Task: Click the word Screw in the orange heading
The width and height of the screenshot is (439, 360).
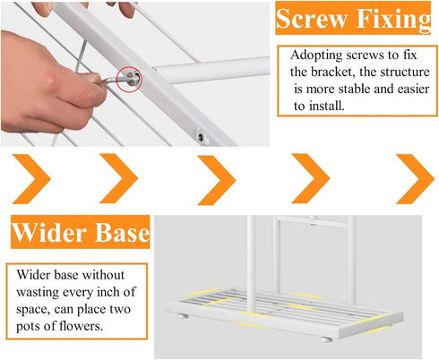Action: (312, 19)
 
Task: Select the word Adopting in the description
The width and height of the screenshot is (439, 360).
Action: (316, 56)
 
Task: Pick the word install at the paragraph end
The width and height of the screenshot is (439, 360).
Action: (327, 106)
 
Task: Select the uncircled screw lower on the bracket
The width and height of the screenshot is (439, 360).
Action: (201, 137)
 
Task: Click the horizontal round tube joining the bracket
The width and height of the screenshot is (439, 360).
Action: (212, 71)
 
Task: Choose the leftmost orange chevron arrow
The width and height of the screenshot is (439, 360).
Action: (31, 179)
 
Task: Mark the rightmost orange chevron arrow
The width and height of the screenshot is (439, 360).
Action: (415, 179)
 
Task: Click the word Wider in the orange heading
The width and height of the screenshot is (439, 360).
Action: (50, 232)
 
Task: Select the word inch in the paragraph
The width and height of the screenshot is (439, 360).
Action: (108, 292)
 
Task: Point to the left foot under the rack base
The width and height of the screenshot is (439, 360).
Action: (182, 316)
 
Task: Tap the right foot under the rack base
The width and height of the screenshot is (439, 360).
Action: (326, 339)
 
